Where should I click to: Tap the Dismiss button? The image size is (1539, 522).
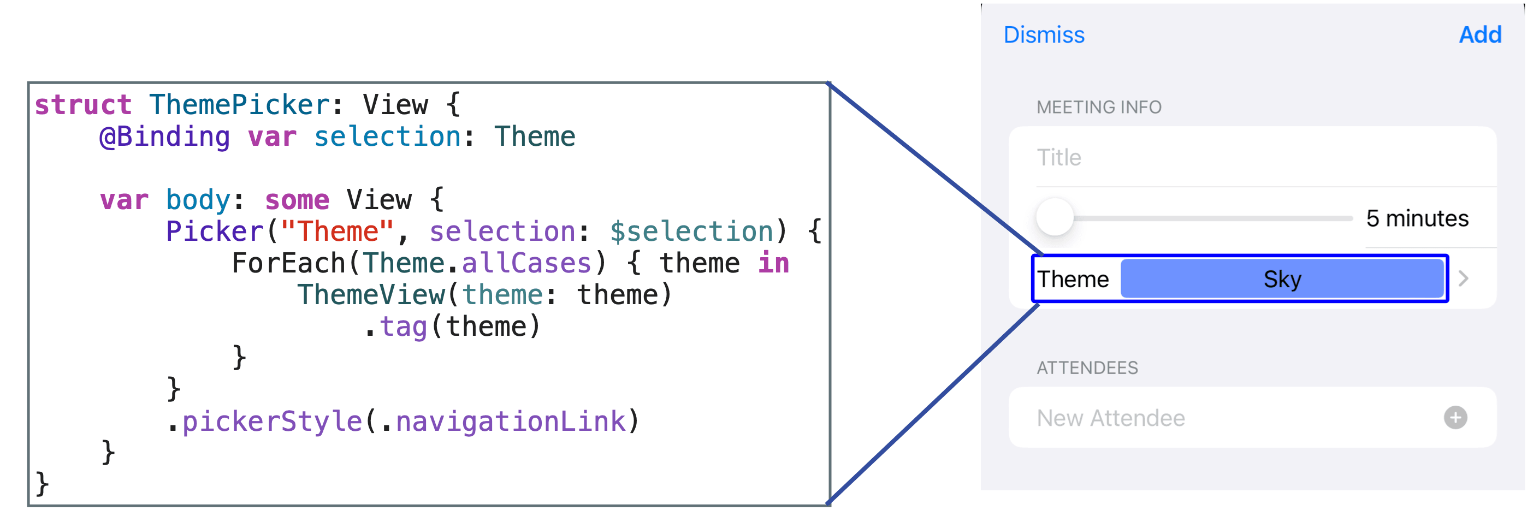(1044, 34)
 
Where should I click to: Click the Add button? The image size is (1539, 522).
(1480, 34)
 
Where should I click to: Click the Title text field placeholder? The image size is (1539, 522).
(1058, 158)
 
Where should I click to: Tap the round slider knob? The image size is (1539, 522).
(1055, 217)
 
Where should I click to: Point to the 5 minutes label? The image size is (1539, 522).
(1417, 218)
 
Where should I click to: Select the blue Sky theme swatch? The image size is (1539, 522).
(1282, 279)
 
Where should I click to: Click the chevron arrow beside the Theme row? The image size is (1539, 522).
(1463, 278)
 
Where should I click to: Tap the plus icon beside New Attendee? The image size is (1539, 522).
(1455, 418)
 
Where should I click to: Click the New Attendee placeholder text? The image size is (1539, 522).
(1111, 418)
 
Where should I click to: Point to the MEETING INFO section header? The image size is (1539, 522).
(1099, 108)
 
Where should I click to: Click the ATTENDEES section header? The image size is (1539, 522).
(1087, 368)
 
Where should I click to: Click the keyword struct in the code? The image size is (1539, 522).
(83, 105)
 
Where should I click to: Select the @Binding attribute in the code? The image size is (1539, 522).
(165, 137)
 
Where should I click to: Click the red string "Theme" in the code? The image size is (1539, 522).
(338, 231)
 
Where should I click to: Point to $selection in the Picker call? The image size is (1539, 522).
(691, 232)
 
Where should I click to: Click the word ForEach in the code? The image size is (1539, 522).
(288, 263)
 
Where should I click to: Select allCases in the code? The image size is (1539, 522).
(526, 263)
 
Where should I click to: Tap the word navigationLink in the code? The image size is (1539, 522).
(511, 422)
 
